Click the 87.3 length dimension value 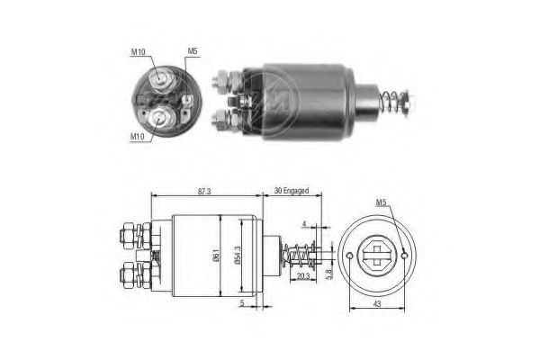tap(204, 192)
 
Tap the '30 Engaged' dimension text tap(292, 191)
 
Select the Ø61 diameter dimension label tap(216, 255)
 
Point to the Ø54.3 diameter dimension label tap(238, 256)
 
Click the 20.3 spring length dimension tap(302, 276)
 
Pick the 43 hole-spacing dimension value tap(377, 304)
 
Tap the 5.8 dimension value tap(328, 274)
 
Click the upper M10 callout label tap(138, 51)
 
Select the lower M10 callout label tap(137, 137)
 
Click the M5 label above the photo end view tap(193, 51)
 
